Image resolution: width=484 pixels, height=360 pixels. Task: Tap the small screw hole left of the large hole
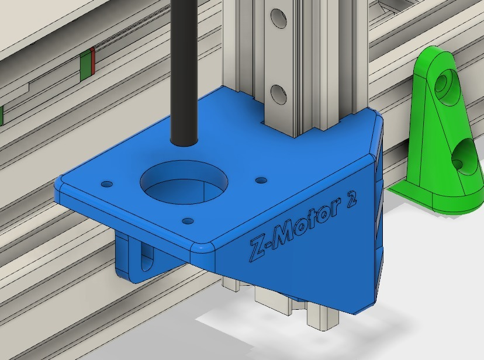(106, 184)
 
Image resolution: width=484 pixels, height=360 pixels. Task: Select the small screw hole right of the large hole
(261, 180)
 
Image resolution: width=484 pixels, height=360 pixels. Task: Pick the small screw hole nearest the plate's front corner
(188, 221)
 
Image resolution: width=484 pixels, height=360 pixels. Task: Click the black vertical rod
(184, 70)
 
